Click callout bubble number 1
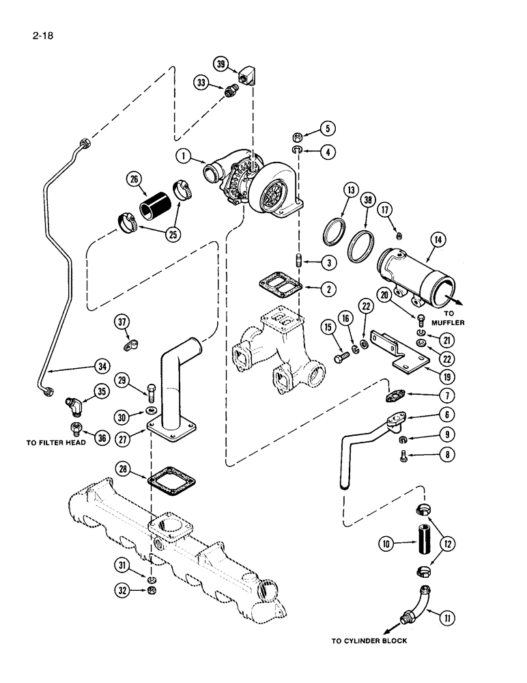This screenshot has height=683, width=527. tap(181, 156)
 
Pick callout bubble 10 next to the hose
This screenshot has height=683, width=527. tap(386, 543)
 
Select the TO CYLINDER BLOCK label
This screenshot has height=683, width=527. tap(369, 641)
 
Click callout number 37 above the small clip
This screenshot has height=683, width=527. tap(122, 322)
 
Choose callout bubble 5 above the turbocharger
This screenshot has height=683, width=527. tap(327, 127)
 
